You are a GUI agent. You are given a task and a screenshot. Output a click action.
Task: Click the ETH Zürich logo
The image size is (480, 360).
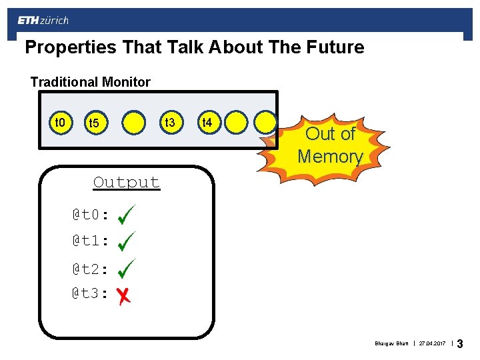click(x=43, y=21)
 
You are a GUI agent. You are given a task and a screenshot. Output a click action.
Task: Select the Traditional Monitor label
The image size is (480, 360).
click(x=91, y=82)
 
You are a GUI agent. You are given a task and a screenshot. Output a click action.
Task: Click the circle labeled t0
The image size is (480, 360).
click(x=60, y=123)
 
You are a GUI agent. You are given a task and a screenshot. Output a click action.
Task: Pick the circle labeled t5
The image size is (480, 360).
click(x=94, y=123)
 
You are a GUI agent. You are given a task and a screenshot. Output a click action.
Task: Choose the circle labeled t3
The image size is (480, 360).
click(x=170, y=123)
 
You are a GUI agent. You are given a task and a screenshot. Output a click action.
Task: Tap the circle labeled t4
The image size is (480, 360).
click(x=207, y=123)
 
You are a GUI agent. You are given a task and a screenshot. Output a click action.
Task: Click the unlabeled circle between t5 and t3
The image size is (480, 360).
click(x=134, y=123)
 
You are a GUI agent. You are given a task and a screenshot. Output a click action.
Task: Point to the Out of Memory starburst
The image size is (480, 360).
click(x=330, y=145)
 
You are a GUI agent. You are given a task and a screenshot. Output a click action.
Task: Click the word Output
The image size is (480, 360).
click(x=127, y=183)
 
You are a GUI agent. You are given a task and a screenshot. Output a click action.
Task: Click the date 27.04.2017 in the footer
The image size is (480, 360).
click(x=433, y=344)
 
